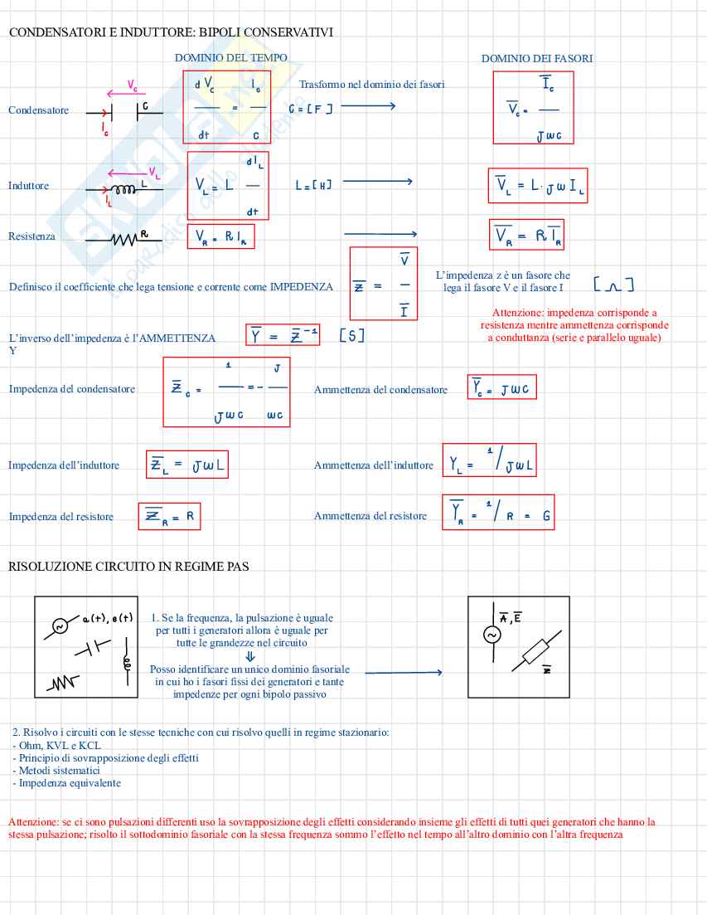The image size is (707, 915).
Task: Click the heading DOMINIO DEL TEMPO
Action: (x=231, y=58)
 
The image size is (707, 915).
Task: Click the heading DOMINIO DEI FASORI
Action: (x=536, y=58)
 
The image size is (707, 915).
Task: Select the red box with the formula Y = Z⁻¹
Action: (x=283, y=335)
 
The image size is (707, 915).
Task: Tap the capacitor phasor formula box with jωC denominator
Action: (x=533, y=108)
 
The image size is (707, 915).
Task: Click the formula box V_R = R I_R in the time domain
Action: (x=220, y=237)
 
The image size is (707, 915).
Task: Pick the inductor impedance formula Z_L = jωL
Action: (x=186, y=465)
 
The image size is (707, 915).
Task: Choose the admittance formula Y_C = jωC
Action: (x=502, y=387)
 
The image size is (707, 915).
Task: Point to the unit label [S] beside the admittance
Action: (x=352, y=336)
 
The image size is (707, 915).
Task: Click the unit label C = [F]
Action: (x=310, y=109)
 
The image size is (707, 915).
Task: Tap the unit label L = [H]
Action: (x=313, y=185)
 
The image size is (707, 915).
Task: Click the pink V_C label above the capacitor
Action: (x=133, y=85)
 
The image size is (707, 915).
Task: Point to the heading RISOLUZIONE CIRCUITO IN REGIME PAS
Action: (x=128, y=567)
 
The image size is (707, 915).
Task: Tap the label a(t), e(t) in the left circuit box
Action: (x=108, y=618)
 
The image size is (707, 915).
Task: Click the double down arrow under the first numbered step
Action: (x=250, y=656)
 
